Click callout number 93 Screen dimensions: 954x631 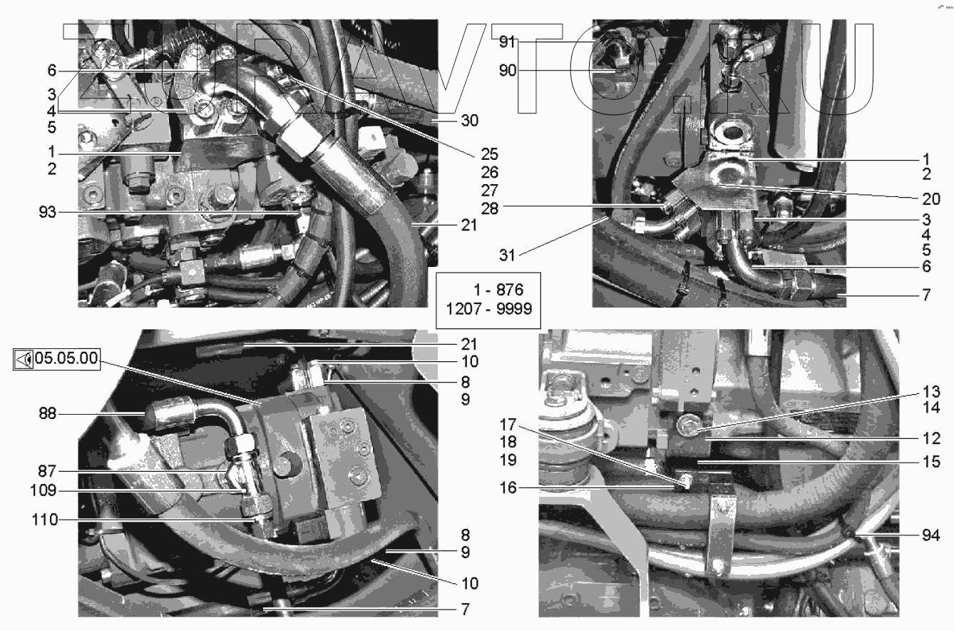click(47, 212)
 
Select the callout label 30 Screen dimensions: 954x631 click(470, 121)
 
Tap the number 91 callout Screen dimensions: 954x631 click(507, 42)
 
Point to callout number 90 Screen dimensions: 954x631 click(508, 71)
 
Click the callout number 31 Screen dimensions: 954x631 click(507, 255)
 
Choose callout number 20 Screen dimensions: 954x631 click(931, 198)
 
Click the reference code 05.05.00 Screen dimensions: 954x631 click(66, 358)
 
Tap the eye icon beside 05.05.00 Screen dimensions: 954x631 click(24, 360)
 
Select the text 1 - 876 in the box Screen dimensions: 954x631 click(498, 290)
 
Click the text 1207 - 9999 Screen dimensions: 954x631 click(489, 308)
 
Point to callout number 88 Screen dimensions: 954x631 click(47, 413)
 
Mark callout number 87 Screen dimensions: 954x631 click(47, 471)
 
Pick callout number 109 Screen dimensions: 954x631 click(43, 490)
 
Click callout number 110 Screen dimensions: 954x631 click(45, 520)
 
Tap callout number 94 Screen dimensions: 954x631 click(931, 535)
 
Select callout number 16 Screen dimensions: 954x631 click(508, 488)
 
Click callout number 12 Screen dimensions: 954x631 click(931, 438)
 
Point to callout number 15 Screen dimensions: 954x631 click(931, 462)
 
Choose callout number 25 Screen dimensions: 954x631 click(490, 154)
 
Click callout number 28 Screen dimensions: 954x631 click(490, 209)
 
